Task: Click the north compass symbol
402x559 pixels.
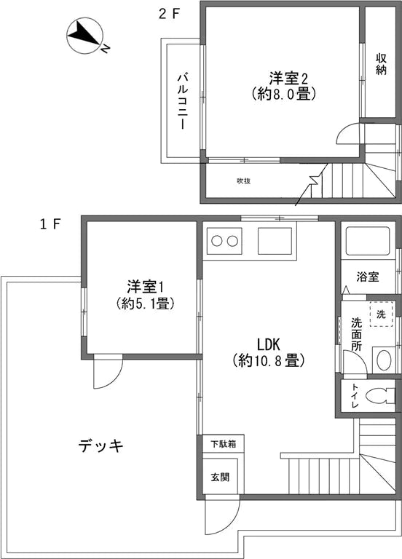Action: [85, 36]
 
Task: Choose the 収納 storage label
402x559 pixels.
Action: [381, 64]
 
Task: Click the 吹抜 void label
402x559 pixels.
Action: [243, 181]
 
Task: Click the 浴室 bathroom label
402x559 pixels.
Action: [368, 277]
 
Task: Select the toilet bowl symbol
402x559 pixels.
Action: [379, 397]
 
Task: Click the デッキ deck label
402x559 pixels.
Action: [101, 445]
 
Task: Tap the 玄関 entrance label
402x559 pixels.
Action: [220, 477]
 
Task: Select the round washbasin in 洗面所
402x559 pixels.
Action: [382, 359]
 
